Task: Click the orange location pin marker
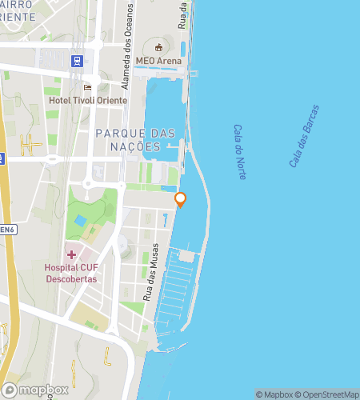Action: (181, 200)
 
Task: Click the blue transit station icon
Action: (77, 60)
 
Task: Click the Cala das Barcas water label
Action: (303, 136)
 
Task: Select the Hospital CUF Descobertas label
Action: (70, 273)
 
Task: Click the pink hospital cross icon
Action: (71, 254)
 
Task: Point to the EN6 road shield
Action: (7, 230)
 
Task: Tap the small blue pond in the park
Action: (80, 220)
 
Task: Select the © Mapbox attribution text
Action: (274, 394)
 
